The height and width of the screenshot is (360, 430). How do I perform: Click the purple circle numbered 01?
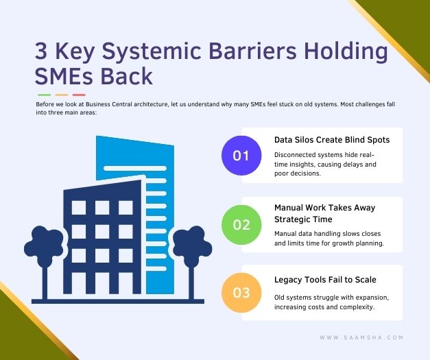click(x=241, y=155)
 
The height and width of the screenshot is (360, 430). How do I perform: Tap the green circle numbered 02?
click(x=241, y=224)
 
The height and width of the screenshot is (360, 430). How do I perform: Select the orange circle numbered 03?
click(x=241, y=293)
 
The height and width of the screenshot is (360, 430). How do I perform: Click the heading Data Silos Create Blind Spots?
click(x=332, y=139)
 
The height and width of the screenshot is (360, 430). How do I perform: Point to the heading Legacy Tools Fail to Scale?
click(x=325, y=279)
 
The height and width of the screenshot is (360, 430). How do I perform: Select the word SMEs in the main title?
click(x=65, y=75)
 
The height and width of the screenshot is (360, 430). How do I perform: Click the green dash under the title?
click(x=45, y=95)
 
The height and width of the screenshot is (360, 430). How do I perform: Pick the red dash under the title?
click(x=79, y=95)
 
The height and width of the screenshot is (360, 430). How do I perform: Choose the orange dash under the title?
click(x=62, y=95)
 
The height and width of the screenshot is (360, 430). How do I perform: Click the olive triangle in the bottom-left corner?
click(x=17, y=336)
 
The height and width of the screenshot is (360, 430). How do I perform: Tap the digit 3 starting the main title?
click(x=42, y=51)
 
